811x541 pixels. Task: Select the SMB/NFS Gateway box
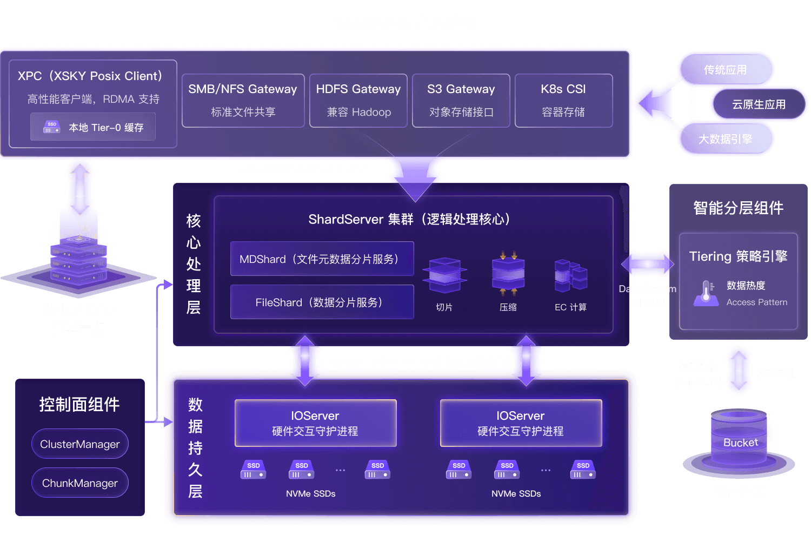click(243, 101)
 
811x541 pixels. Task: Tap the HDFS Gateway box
click(358, 101)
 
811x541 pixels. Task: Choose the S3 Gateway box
click(461, 101)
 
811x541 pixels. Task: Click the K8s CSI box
click(563, 101)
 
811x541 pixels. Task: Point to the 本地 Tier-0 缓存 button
click(93, 127)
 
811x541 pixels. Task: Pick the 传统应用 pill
click(725, 70)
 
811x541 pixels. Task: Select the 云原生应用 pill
click(759, 104)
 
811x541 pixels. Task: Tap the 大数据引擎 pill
click(725, 139)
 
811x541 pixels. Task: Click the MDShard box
click(322, 259)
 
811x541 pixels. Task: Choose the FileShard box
click(322, 302)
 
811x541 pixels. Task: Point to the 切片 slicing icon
click(444, 276)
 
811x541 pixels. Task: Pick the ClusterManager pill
click(80, 444)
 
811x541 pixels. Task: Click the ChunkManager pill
click(80, 483)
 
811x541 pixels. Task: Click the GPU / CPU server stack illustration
click(79, 254)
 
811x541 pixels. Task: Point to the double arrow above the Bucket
click(739, 371)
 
